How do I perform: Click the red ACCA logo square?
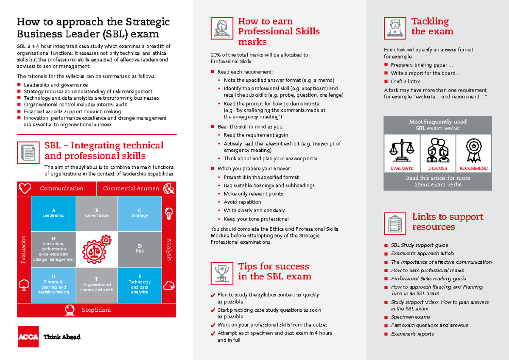[28, 337]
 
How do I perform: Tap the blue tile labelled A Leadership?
[53, 213]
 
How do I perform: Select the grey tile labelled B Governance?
[97, 213]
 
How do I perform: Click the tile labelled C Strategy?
[140, 213]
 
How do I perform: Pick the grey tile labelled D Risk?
[140, 249]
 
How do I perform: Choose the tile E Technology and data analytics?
[140, 285]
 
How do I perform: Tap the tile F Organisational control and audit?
[97, 285]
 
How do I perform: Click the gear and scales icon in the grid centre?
[97, 249]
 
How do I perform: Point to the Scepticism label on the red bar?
[96, 310]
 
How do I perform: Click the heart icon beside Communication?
[25, 188]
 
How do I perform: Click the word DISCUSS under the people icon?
[437, 168]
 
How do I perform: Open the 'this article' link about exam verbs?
[433, 178]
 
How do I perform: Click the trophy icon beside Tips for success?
[221, 273]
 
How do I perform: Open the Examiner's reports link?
[412, 334]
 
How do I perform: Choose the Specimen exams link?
[410, 317]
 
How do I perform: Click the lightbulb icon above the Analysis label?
[169, 213]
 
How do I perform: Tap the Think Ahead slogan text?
[62, 337]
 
